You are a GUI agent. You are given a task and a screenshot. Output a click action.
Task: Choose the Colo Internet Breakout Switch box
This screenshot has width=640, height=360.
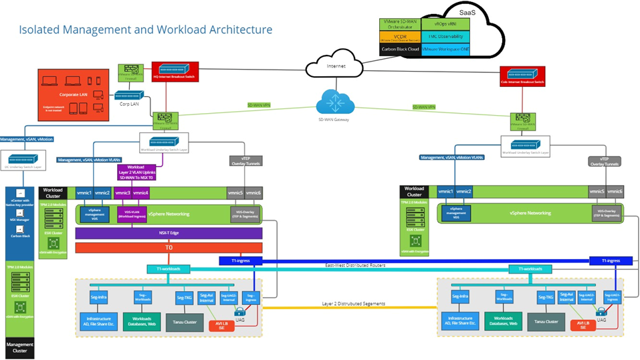click(x=527, y=76)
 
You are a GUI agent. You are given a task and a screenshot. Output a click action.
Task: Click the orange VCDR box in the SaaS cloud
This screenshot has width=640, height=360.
click(x=399, y=36)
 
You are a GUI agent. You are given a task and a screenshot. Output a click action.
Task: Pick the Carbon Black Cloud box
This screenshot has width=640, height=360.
click(x=399, y=49)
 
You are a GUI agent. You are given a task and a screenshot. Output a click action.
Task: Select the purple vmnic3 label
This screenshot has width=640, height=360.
click(x=122, y=193)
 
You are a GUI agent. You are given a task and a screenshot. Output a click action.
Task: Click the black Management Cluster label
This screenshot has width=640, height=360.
click(x=21, y=347)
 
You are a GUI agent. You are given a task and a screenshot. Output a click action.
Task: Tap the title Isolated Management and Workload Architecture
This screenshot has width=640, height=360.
click(x=145, y=29)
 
